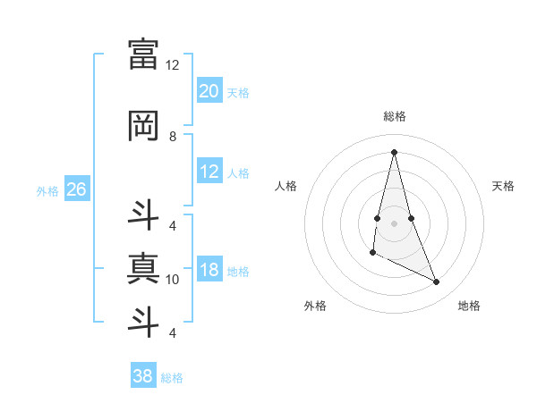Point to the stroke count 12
click(173, 65)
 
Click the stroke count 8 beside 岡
click(173, 137)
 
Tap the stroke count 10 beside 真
click(173, 280)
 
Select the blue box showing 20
click(209, 90)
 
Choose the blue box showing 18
click(209, 270)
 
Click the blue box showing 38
click(143, 376)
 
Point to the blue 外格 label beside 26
click(47, 190)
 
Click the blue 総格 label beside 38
click(172, 378)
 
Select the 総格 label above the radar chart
click(395, 116)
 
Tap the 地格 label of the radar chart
click(469, 306)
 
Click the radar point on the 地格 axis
click(437, 282)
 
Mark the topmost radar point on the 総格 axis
click(395, 151)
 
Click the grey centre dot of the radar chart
click(395, 223)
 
